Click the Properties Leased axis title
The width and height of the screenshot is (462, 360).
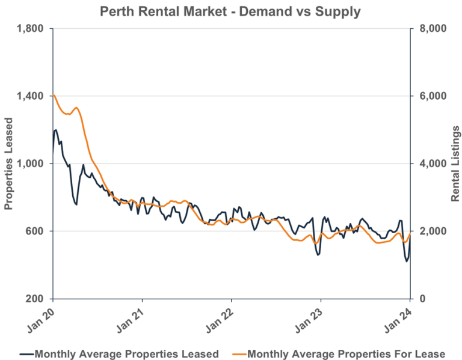pos(9,163)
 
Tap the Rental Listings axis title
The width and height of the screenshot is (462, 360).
pos(455,163)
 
